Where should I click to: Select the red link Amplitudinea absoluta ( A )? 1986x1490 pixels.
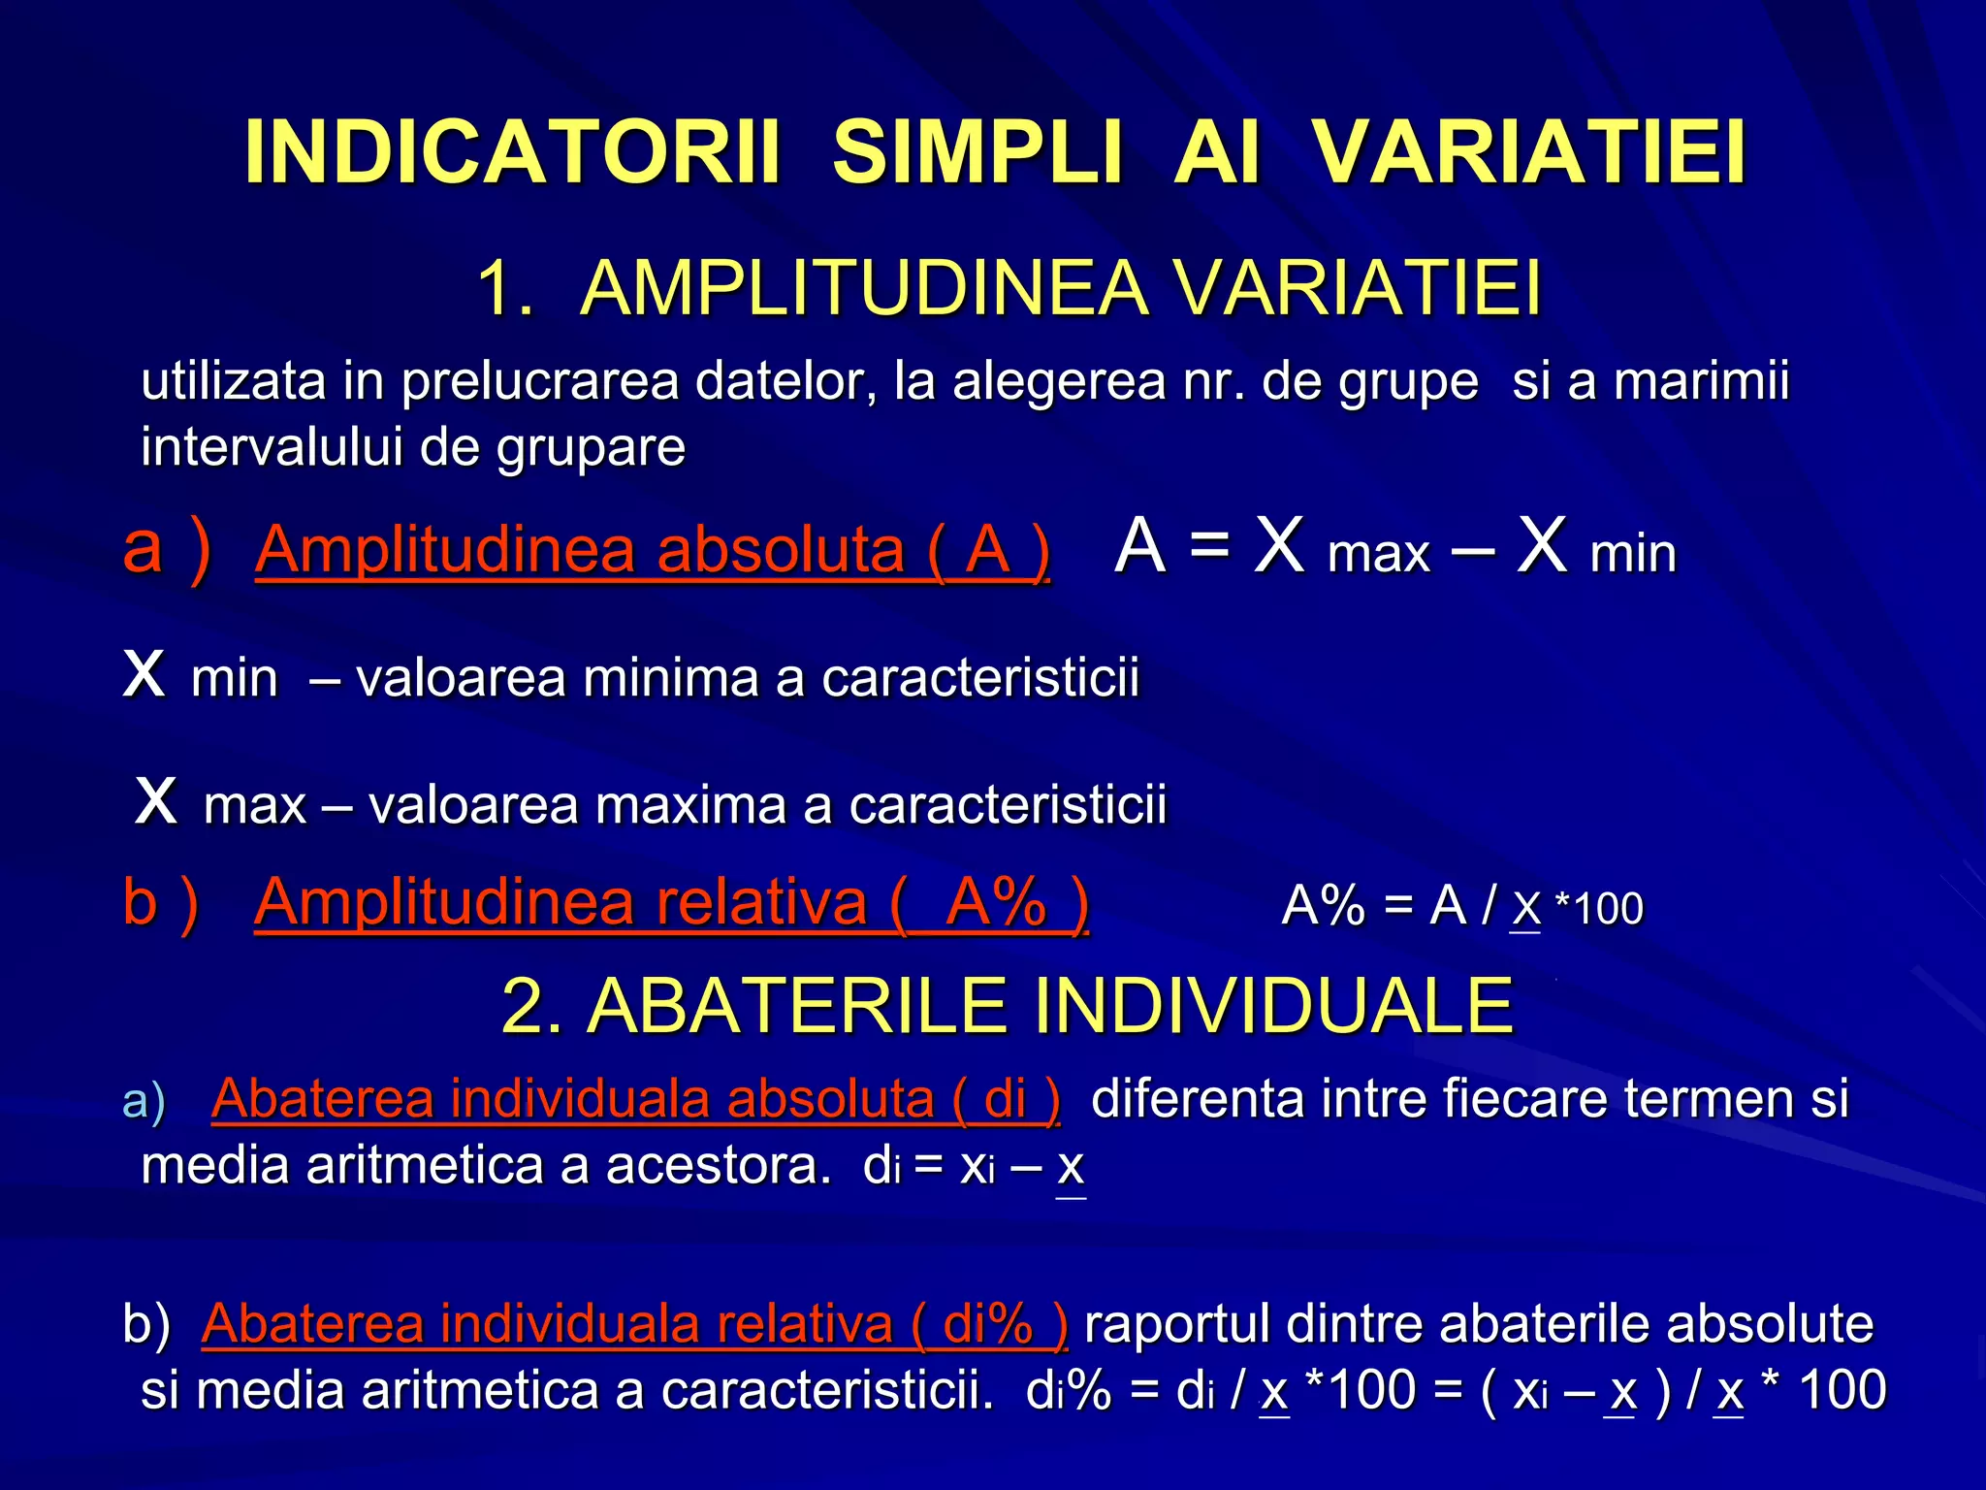click(x=652, y=550)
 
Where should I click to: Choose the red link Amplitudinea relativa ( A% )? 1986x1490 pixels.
click(x=671, y=902)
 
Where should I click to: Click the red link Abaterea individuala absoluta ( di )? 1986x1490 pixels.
click(x=635, y=1099)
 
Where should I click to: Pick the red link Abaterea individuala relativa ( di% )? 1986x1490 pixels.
click(x=635, y=1323)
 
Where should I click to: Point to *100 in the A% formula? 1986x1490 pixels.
click(x=1599, y=909)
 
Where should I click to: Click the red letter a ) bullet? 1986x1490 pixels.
click(x=166, y=548)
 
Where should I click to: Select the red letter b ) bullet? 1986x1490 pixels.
click(x=161, y=902)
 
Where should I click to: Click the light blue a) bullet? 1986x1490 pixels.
click(x=144, y=1102)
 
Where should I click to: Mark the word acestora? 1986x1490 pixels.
click(x=719, y=1165)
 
